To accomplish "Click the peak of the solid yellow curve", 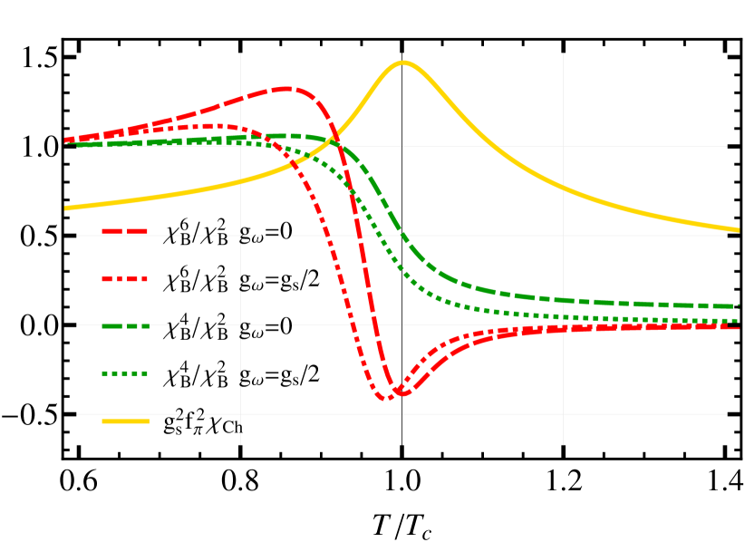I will [x=402, y=63].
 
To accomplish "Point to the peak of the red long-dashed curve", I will [x=285, y=89].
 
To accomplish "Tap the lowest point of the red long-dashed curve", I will [x=402, y=393].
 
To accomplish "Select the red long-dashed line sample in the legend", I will [x=124, y=231].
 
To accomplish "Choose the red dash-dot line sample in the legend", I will [x=124, y=279].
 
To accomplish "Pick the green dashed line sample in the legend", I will [x=124, y=326].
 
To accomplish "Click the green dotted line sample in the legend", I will [x=124, y=373].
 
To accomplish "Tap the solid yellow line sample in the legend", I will [x=124, y=421].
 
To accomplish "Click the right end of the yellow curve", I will [x=739, y=229].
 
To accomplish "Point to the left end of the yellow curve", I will [x=65, y=208].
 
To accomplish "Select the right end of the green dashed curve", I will [x=739, y=306].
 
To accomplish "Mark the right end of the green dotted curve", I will [x=739, y=321].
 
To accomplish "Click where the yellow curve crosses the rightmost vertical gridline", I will [x=563, y=188].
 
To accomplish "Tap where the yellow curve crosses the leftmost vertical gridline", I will [x=240, y=181].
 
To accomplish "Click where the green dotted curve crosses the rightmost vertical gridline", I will [x=563, y=316].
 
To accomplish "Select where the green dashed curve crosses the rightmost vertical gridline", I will [x=563, y=300].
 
